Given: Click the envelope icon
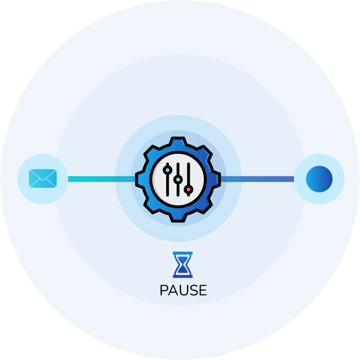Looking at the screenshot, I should click(x=43, y=179).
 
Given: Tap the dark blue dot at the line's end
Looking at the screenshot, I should click(x=319, y=179).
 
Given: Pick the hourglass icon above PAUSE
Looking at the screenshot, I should click(x=183, y=265).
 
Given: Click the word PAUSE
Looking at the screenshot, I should click(x=183, y=290).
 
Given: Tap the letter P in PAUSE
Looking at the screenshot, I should click(x=164, y=290).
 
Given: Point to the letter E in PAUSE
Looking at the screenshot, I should click(x=202, y=290).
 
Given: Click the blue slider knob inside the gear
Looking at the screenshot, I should click(x=167, y=171).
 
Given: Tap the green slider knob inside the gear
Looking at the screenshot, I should click(x=178, y=179).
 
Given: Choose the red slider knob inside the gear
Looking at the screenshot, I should click(x=188, y=189).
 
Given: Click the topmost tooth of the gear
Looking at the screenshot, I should click(x=178, y=142).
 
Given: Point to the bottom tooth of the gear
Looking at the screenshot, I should click(x=178, y=216).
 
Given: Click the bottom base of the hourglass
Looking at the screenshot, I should click(x=183, y=276).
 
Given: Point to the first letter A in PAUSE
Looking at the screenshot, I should click(x=173, y=290).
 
